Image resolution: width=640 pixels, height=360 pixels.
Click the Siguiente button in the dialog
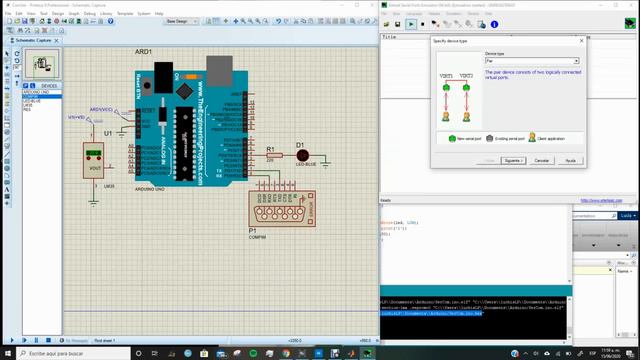point(513,160)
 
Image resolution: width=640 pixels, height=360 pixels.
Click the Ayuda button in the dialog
point(569,160)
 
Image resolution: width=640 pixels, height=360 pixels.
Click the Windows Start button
point(6,352)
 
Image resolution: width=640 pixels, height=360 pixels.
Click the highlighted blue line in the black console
point(431,313)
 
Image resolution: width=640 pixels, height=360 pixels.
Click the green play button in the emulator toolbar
point(411,23)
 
